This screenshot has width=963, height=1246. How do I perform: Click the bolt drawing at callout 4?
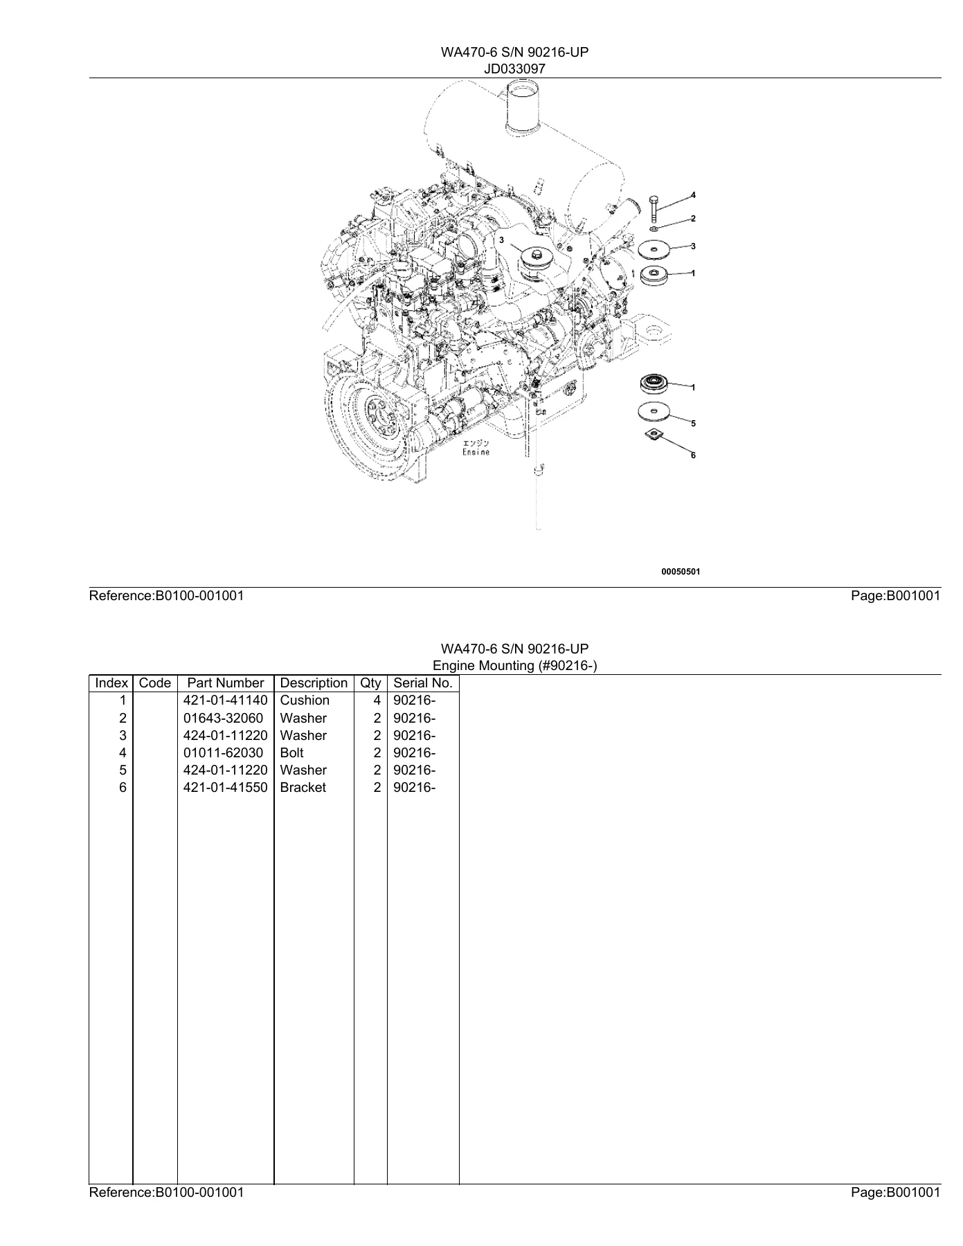654,208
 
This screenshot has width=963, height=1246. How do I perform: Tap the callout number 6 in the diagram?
693,455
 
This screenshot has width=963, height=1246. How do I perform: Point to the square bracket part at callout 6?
653,435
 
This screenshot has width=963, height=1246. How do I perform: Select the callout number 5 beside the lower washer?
693,423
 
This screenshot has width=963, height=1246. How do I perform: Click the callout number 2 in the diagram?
693,219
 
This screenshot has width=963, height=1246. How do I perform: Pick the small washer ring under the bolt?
654,228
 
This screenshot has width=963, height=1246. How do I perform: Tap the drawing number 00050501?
681,572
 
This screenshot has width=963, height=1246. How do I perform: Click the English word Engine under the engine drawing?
476,452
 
